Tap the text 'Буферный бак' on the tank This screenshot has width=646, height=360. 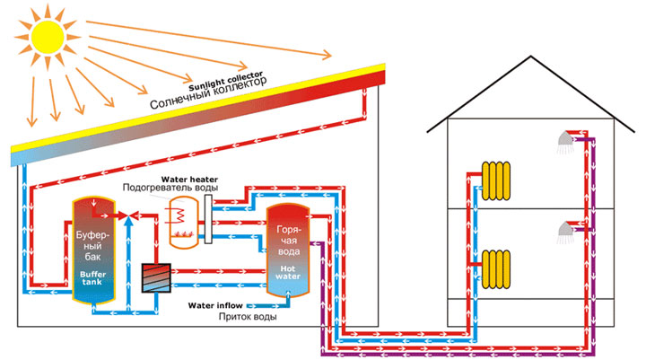(x=92, y=241)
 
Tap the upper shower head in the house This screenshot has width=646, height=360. (x=565, y=141)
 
